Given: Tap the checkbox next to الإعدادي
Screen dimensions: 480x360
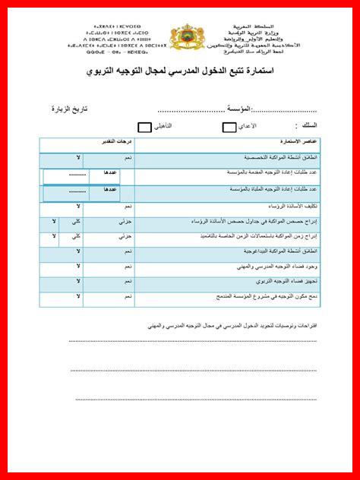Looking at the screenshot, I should (229, 127).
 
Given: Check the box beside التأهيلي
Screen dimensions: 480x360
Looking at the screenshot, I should (144, 127).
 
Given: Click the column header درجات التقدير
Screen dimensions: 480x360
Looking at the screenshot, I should (118, 142).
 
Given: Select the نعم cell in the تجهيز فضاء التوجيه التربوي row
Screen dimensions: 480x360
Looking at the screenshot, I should (128, 281).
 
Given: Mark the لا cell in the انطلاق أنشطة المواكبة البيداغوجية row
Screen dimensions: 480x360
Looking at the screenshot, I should (79, 251).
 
